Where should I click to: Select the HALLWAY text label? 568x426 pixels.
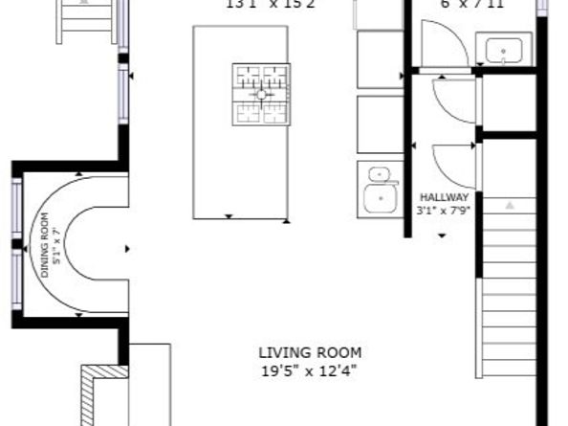443,197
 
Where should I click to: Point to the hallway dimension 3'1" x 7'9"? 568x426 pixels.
443,210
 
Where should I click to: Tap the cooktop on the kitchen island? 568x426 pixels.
260,95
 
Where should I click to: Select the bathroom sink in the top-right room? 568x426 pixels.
503,50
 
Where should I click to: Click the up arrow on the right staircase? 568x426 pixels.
509,205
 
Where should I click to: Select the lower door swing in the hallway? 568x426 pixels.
454,165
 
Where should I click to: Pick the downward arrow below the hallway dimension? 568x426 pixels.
442,235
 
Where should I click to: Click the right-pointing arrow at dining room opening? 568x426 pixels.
128,249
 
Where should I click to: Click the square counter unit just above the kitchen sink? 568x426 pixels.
380,124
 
